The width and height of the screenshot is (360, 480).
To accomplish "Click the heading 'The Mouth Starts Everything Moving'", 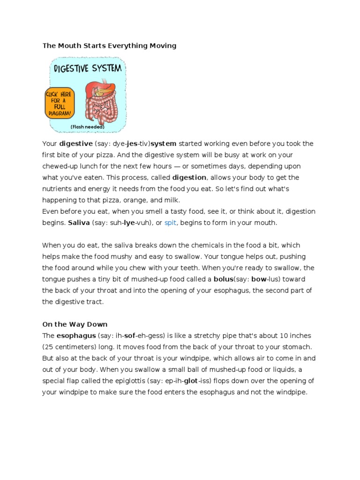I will coord(109,45).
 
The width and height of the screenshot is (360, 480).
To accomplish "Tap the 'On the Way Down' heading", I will coord(75,324).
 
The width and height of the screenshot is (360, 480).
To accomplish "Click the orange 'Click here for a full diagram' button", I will coord(59,102).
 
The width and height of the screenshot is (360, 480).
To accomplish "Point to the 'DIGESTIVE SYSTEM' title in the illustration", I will coord(88,69).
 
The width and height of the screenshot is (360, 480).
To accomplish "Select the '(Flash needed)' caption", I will coord(87,127).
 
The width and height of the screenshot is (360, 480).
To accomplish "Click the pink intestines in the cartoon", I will coord(100,105).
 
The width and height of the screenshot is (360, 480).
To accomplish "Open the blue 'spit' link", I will coord(170,223).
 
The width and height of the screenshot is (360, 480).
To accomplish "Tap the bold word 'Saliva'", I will coord(78,223).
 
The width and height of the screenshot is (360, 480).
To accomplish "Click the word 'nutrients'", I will coord(58,189).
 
